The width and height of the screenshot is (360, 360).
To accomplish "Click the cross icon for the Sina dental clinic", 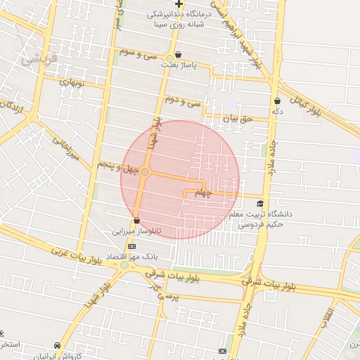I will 179,4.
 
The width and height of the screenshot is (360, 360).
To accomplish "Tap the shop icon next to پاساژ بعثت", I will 178,54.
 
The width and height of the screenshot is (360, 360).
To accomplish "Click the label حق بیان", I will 236,120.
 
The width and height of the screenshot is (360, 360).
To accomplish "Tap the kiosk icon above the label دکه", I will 277,101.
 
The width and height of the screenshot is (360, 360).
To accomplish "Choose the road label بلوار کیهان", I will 309,101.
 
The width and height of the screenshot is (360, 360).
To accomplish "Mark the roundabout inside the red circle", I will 145,172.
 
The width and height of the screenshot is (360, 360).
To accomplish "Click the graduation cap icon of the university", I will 260,203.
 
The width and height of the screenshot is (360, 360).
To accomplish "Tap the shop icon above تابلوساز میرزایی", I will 136,221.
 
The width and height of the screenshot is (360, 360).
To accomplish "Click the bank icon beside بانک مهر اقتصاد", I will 131,245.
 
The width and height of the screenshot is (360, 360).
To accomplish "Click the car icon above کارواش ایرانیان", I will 57,346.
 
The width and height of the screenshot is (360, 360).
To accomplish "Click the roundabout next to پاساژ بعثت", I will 169,58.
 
